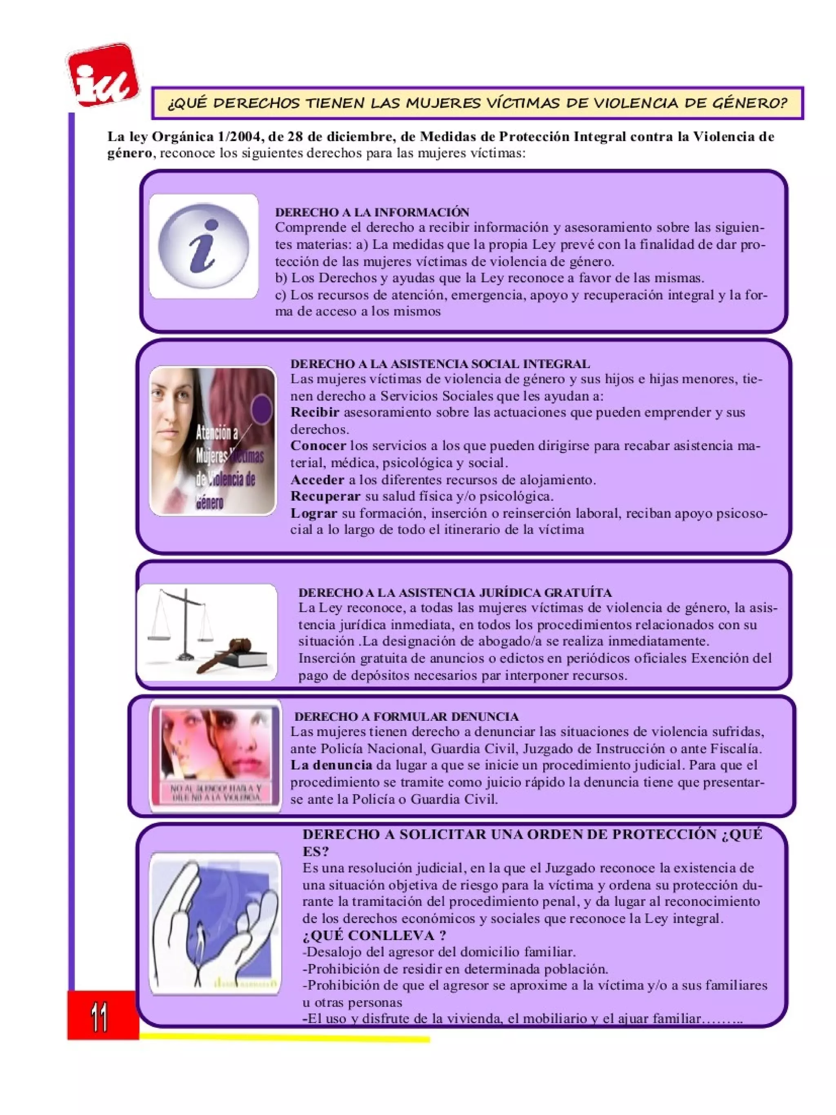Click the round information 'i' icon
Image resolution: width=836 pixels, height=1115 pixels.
(203, 246)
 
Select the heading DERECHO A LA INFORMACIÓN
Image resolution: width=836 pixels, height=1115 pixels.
(371, 212)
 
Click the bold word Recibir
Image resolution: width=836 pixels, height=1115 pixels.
(315, 412)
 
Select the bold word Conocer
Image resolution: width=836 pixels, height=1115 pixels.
(318, 446)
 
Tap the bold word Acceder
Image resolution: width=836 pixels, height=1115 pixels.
(317, 479)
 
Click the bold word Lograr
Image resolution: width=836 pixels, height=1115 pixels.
(313, 513)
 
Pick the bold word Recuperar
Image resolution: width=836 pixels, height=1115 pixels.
(325, 496)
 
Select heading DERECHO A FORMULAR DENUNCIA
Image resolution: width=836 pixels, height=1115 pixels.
(407, 716)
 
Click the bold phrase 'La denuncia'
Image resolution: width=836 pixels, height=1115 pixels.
(331, 765)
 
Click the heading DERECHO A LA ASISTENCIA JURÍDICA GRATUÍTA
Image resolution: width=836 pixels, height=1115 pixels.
(455, 592)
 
